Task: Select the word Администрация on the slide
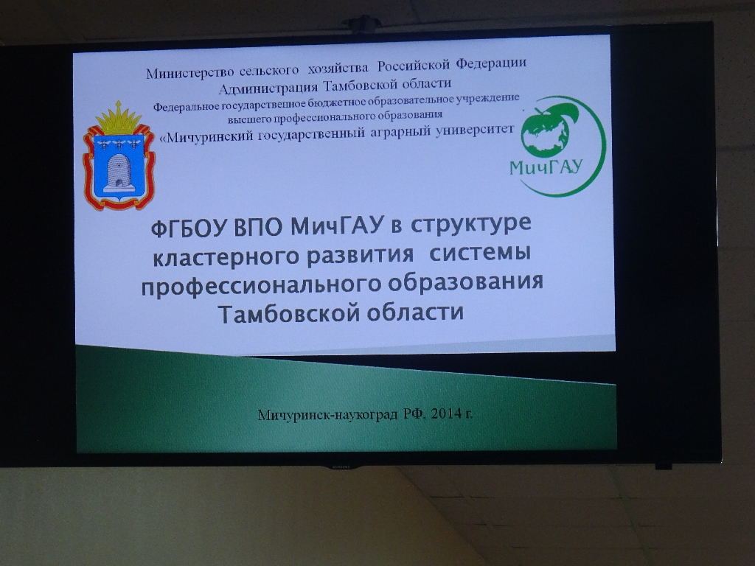pyautogui.click(x=268, y=88)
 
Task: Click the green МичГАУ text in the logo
pyautogui.click(x=546, y=167)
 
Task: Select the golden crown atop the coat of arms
pyautogui.click(x=119, y=119)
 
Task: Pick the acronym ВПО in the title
pyautogui.click(x=259, y=227)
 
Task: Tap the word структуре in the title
pyautogui.click(x=470, y=225)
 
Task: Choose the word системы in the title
pyautogui.click(x=480, y=254)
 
